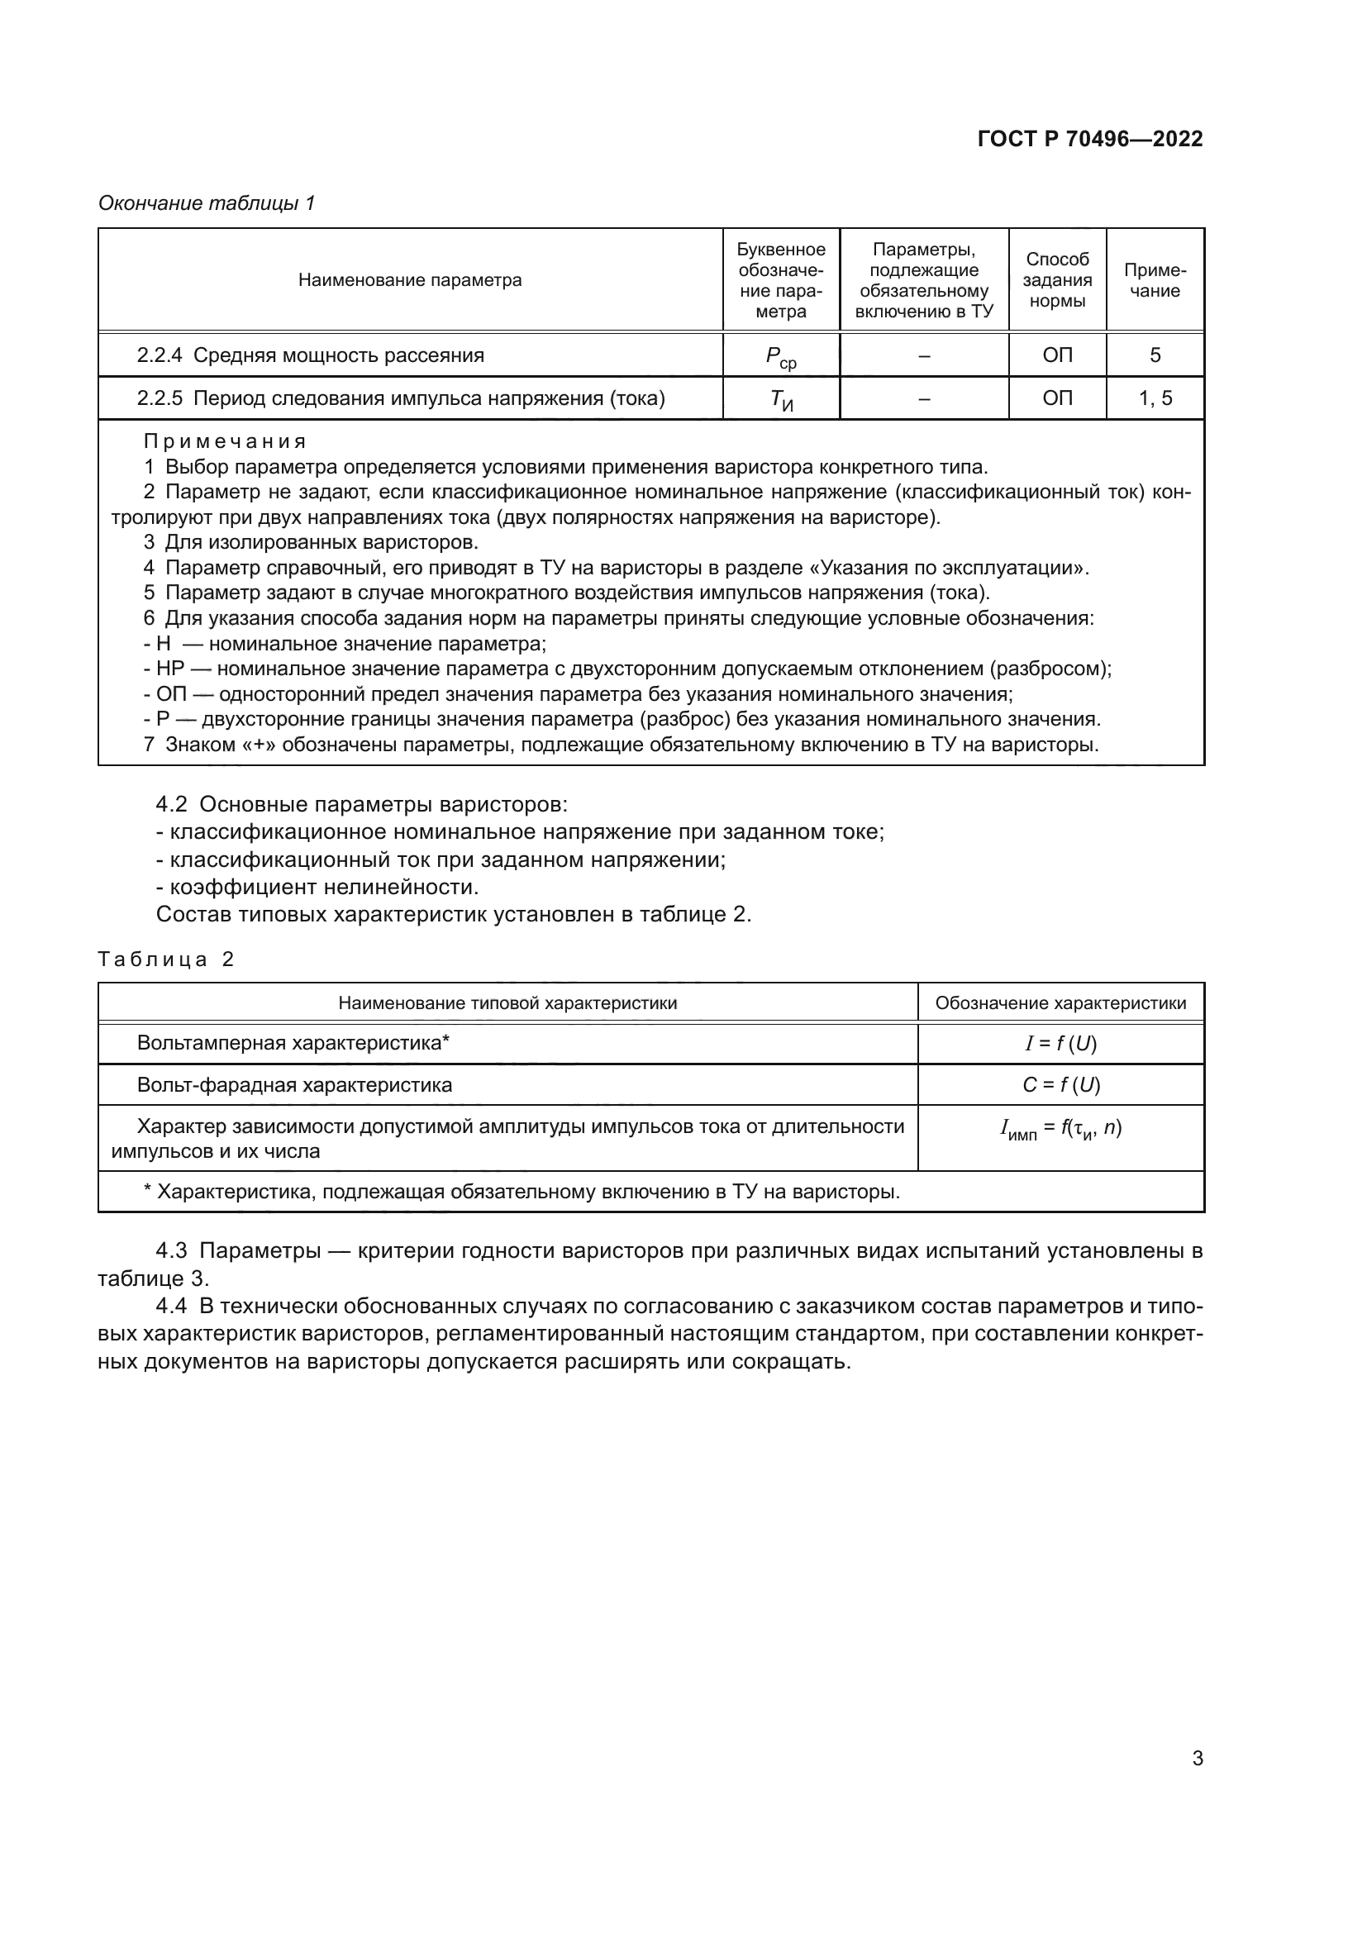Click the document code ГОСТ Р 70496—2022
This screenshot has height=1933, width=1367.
click(1089, 139)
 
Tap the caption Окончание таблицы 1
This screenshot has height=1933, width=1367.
click(207, 203)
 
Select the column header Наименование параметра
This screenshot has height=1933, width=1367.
click(410, 280)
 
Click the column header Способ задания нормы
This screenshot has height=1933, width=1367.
click(1056, 280)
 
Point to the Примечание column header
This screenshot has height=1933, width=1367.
click(1154, 280)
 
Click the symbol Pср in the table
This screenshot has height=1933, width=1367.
click(780, 357)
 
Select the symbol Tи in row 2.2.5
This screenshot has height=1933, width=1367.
click(780, 400)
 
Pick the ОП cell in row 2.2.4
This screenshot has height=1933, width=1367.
click(1056, 355)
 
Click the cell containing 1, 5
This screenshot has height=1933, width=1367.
click(1154, 398)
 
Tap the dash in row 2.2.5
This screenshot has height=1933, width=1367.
click(923, 398)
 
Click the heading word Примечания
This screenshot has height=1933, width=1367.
click(225, 441)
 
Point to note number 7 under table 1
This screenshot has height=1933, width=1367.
click(149, 745)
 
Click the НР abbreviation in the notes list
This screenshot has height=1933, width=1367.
click(169, 669)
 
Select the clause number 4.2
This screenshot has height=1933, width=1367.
click(171, 804)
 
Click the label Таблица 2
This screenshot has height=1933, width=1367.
click(166, 959)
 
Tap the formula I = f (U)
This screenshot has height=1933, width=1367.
click(1060, 1044)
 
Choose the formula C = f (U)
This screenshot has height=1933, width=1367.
click(1060, 1085)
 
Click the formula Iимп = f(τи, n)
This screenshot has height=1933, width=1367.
click(1060, 1129)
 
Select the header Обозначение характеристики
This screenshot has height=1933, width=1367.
click(1060, 1002)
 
